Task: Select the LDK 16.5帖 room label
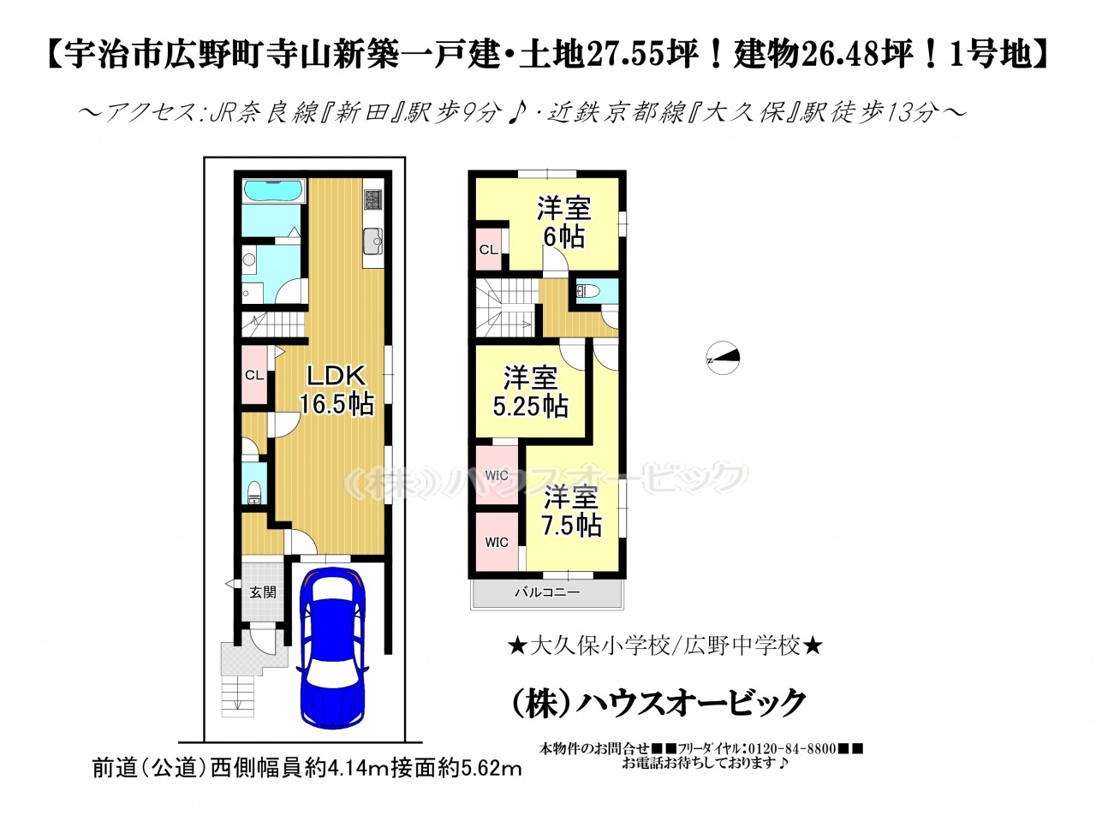coord(337,390)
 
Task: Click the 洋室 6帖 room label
coord(563,222)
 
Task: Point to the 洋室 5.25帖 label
coord(531,392)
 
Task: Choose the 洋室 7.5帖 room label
coord(572,512)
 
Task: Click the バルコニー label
coord(547,592)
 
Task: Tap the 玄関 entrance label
coord(262,592)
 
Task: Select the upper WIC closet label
coord(497,475)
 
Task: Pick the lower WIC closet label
coord(497,542)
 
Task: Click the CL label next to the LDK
coord(254,376)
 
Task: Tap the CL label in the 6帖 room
coord(489,250)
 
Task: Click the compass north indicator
coord(723,358)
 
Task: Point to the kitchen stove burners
coord(372,199)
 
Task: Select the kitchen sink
coord(372,241)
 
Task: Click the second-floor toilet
coord(587,291)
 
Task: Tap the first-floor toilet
coord(254,491)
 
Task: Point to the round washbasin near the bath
coord(249,259)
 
